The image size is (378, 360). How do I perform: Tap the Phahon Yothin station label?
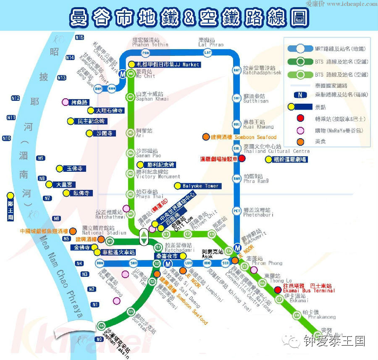150,42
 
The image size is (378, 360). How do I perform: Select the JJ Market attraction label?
168,65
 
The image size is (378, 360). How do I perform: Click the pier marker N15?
80,37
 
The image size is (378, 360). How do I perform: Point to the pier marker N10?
6,138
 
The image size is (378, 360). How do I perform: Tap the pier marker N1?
95,304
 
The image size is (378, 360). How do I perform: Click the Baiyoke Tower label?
200,186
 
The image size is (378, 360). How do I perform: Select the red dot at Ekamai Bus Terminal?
278,290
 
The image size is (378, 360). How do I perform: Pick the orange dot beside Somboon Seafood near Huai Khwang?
206,137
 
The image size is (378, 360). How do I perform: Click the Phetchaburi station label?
258,212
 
